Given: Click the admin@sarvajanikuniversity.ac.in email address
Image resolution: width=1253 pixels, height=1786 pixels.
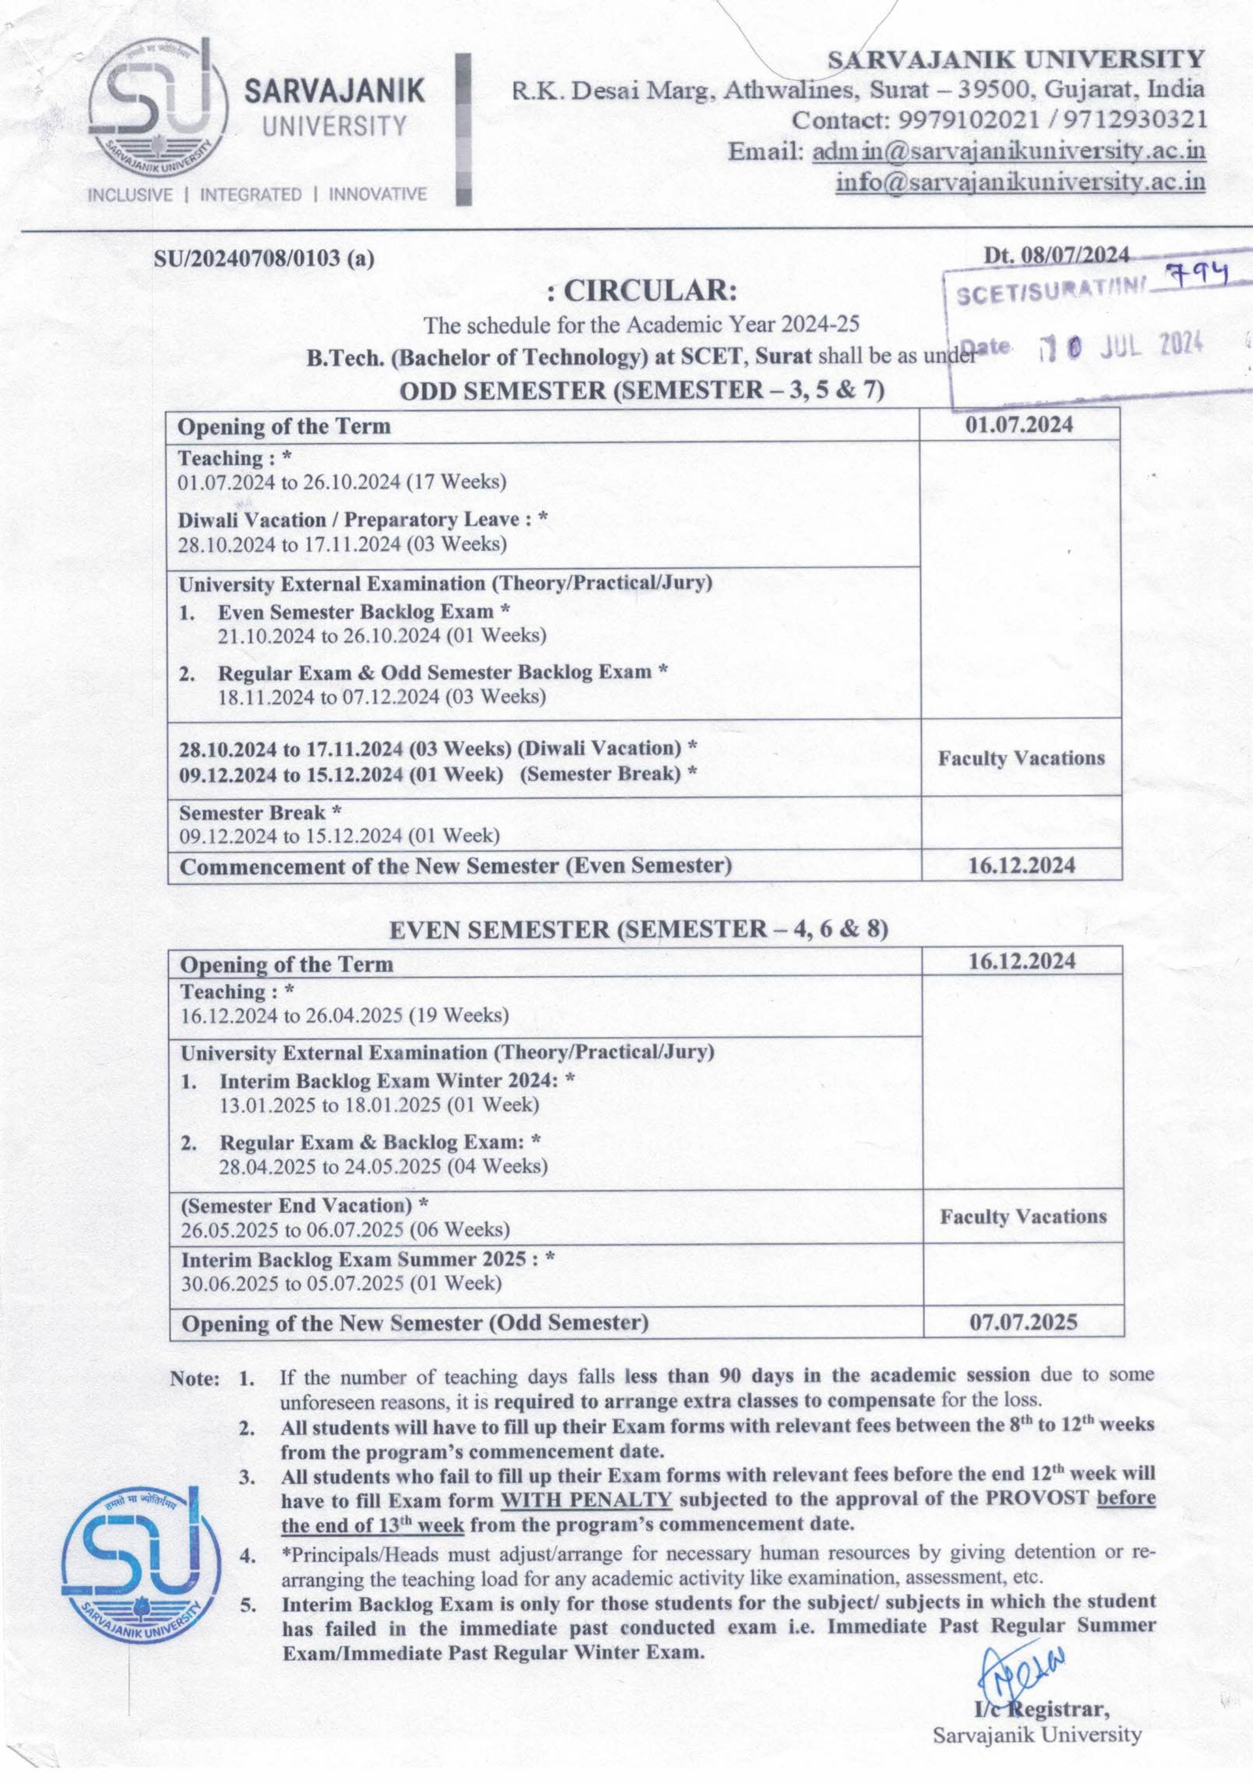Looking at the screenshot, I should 1009,151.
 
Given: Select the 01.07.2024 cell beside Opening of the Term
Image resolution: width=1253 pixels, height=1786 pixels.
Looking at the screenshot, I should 1019,425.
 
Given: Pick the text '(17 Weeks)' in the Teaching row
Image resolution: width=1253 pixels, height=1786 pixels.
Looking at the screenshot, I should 457,481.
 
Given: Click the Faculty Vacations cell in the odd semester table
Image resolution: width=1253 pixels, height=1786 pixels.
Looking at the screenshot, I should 1021,758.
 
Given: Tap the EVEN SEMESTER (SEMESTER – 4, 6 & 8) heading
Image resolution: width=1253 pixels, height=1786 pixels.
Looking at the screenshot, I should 638,929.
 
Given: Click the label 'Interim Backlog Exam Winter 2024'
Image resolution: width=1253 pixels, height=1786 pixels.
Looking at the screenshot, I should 389,1081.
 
